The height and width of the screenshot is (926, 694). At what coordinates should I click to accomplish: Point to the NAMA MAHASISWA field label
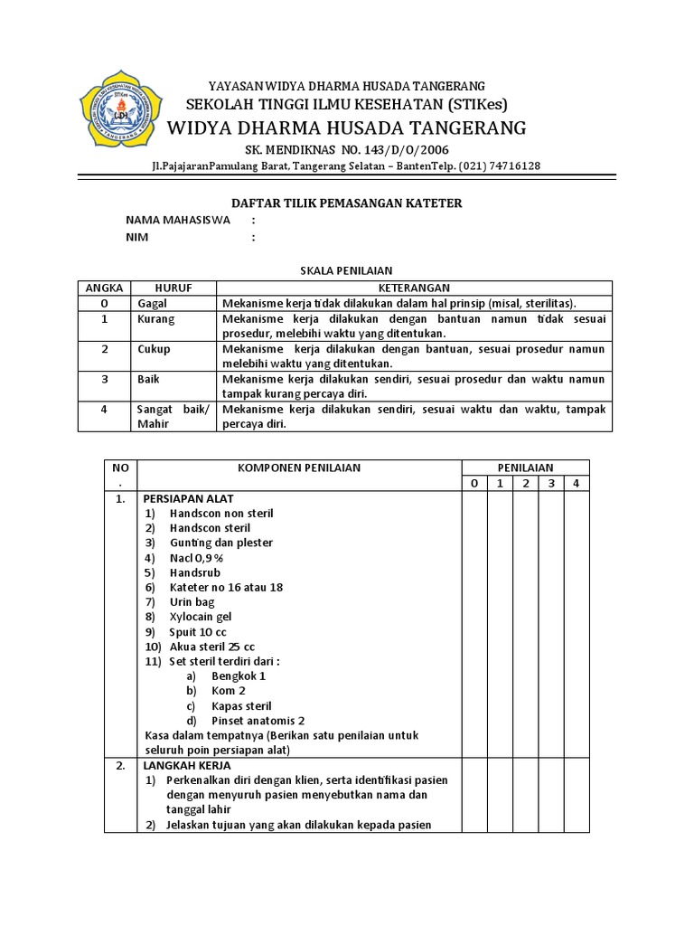point(178,220)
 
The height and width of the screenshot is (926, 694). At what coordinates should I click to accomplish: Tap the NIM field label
point(137,237)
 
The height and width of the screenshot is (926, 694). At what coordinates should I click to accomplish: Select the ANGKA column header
point(104,287)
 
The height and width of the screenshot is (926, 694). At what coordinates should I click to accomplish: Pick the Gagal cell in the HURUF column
point(153,303)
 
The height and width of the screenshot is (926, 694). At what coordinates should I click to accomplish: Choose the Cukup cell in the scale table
point(154,349)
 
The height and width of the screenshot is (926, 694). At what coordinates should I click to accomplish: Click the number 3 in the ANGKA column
point(104,380)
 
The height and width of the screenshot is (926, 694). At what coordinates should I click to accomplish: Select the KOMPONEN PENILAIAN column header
point(298,468)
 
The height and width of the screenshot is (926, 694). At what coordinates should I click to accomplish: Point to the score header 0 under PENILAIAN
point(474,483)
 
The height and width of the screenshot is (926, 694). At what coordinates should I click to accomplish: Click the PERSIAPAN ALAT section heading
point(187,498)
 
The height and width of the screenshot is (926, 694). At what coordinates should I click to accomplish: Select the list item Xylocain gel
point(200,617)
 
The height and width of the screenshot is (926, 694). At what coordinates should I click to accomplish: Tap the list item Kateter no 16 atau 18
point(226,587)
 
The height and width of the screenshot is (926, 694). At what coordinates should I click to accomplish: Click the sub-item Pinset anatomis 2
point(258,721)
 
